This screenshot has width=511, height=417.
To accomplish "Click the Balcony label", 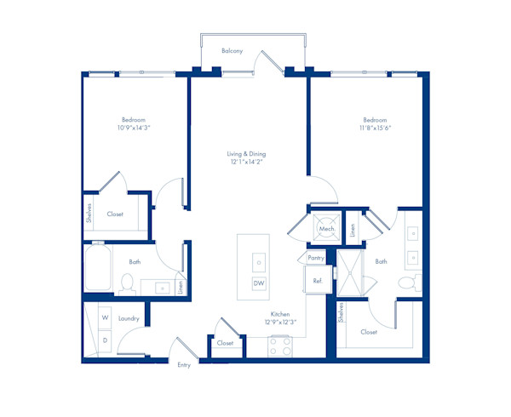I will click(232, 51).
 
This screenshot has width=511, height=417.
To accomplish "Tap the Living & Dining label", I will click(246, 154).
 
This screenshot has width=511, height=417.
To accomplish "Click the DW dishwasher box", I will click(258, 283).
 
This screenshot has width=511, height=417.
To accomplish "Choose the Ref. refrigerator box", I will click(317, 280).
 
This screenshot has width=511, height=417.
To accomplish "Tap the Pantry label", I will click(317, 257).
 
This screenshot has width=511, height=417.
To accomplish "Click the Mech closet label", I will click(326, 229).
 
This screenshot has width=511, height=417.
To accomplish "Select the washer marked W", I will click(105, 317).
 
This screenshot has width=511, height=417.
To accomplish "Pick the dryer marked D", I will click(105, 340).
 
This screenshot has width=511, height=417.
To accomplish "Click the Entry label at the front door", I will click(184, 365).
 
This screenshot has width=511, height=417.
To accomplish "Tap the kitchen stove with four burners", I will click(280, 346).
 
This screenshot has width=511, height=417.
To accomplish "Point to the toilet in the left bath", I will click(129, 283).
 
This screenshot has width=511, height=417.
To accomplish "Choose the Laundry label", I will click(129, 318).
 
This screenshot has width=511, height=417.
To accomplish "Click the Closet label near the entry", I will click(225, 343).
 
